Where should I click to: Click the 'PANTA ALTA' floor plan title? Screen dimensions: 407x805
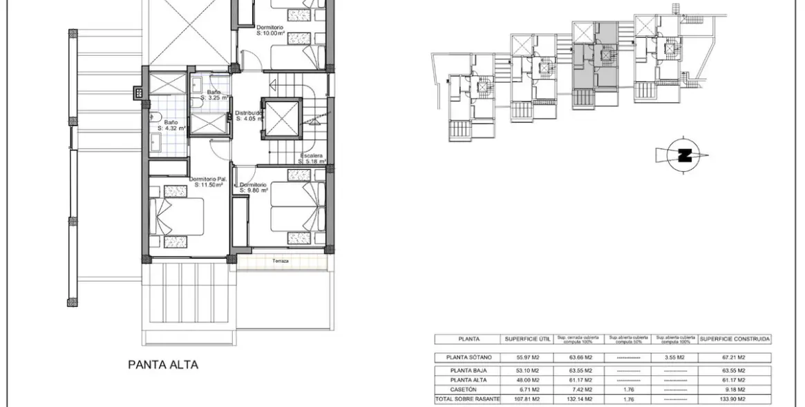pos(163,365)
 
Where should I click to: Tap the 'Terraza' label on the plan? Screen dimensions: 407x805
pos(280,261)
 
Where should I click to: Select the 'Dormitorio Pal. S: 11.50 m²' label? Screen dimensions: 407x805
pos(208,182)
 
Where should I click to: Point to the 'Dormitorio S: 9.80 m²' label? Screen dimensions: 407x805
pos(253,188)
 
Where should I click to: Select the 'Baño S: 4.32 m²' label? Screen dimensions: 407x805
pos(171,125)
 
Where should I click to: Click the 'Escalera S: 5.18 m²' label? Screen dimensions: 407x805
pos(310,159)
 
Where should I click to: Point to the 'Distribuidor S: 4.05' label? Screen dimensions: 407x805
pos(249,115)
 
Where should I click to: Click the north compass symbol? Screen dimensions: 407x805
pos(683,155)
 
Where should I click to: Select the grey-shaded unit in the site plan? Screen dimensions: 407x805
pos(595,66)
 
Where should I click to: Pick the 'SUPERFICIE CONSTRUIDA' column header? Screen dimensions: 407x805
pos(735,339)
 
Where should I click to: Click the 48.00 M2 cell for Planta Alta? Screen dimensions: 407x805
pos(527,380)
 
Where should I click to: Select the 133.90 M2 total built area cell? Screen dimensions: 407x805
pos(735,399)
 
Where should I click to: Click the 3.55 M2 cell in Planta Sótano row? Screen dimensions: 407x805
pos(675,357)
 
